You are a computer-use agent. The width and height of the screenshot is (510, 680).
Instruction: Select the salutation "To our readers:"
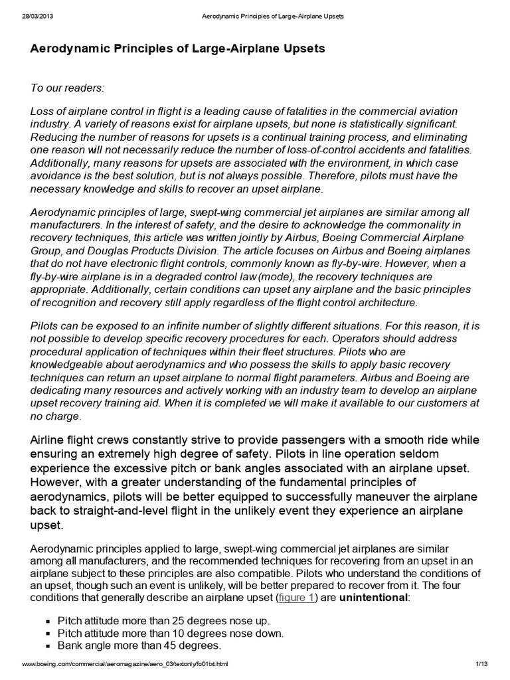point(68,88)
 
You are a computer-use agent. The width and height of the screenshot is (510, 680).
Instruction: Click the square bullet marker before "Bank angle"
point(48,646)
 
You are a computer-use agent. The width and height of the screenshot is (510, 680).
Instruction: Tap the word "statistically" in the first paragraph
point(376,124)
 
